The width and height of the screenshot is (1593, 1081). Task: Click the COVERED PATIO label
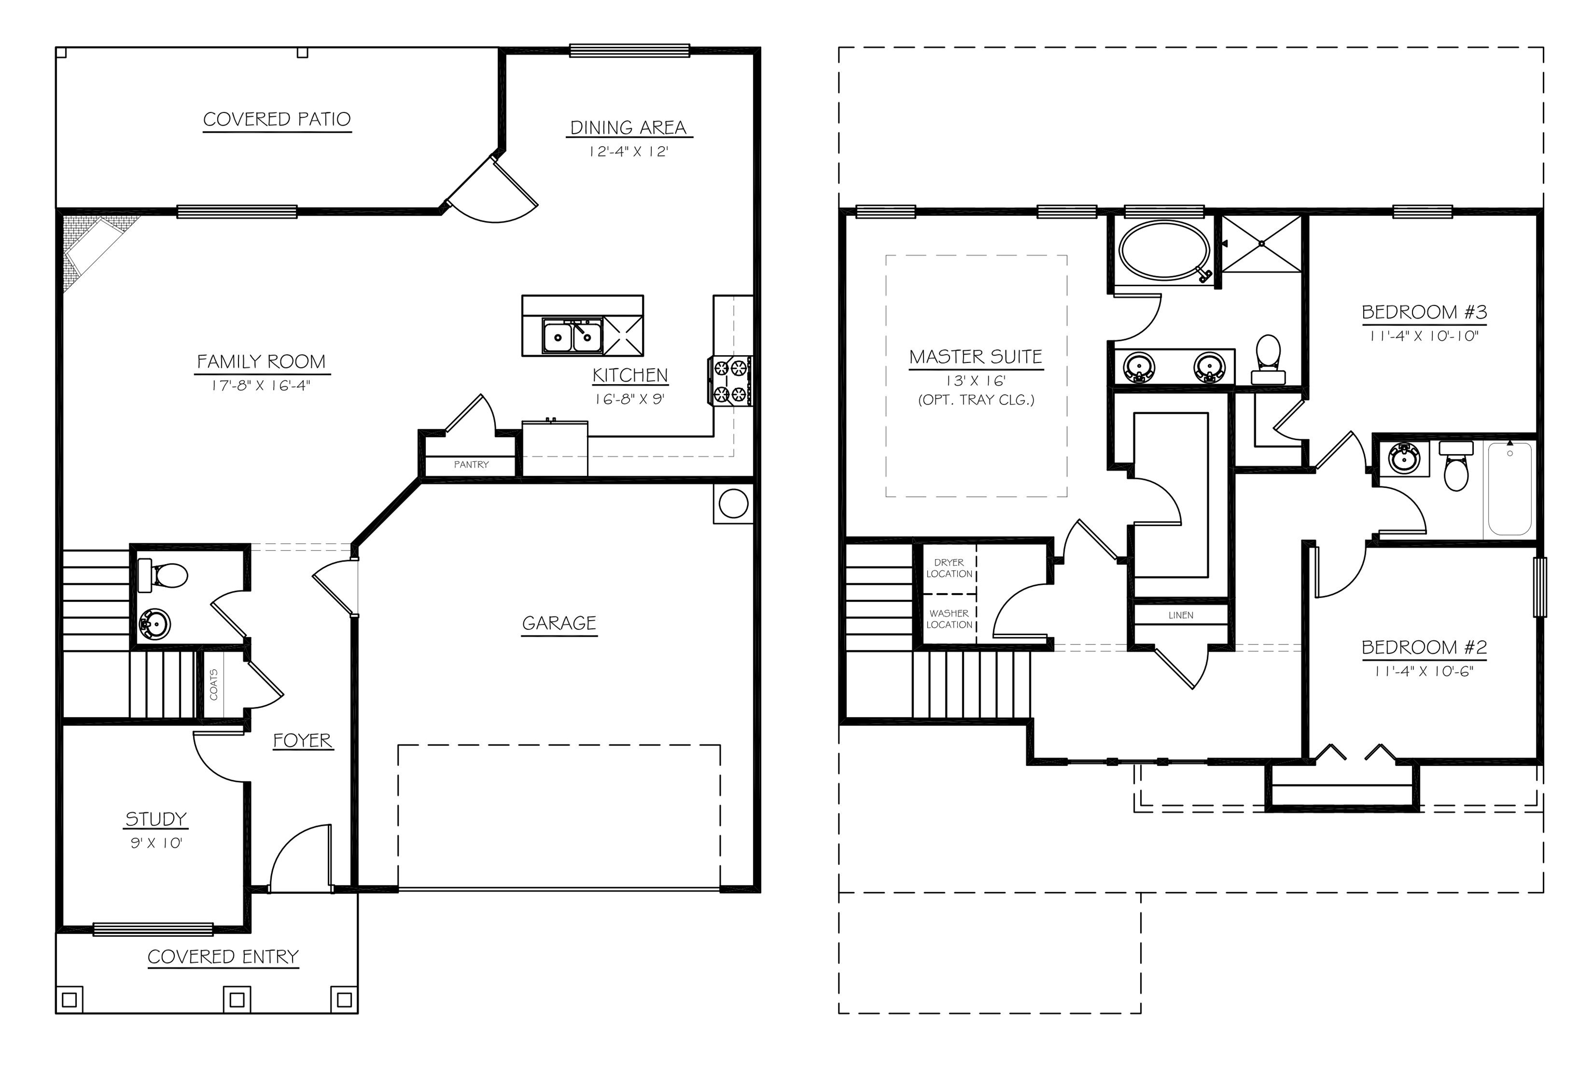[277, 119]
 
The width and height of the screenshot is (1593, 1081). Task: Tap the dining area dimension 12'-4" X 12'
[628, 151]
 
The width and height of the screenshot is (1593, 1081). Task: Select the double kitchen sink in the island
[571, 336]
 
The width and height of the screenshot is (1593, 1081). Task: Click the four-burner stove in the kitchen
[731, 381]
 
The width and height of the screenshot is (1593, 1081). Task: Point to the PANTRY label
[471, 465]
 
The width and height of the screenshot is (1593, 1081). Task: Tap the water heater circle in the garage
[733, 504]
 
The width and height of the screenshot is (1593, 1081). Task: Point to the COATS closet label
[214, 684]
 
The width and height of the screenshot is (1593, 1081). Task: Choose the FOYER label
[302, 740]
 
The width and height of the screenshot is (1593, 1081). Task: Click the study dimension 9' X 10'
[156, 843]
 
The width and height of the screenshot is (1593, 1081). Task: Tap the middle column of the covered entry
[236, 1000]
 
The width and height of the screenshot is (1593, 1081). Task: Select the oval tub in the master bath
[1164, 250]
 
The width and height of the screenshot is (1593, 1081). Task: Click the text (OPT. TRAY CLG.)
[976, 400]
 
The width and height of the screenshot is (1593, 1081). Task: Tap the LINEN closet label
[1180, 615]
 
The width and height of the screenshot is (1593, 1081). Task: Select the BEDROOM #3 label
[1424, 313]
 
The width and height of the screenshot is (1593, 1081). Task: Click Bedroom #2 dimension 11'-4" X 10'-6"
[1424, 671]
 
